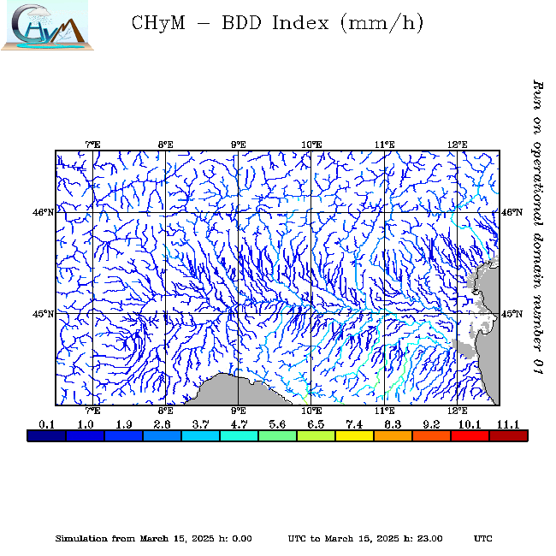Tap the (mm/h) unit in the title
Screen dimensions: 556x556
pyautogui.click(x=382, y=23)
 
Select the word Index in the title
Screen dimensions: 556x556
pyautogui.click(x=299, y=23)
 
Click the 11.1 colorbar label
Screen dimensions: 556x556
pyautogui.click(x=508, y=424)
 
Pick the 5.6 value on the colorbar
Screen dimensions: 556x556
pyautogui.click(x=277, y=424)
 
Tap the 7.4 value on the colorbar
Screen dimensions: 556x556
pyautogui.click(x=354, y=424)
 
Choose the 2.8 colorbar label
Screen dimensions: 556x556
pyautogui.click(x=162, y=424)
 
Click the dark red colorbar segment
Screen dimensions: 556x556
pyautogui.click(x=508, y=435)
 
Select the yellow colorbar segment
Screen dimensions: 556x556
pyautogui.click(x=354, y=435)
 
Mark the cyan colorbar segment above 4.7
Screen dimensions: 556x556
pyautogui.click(x=239, y=435)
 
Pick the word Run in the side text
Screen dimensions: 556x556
pyautogui.click(x=537, y=92)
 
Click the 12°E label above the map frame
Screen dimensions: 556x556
pyautogui.click(x=457, y=144)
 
